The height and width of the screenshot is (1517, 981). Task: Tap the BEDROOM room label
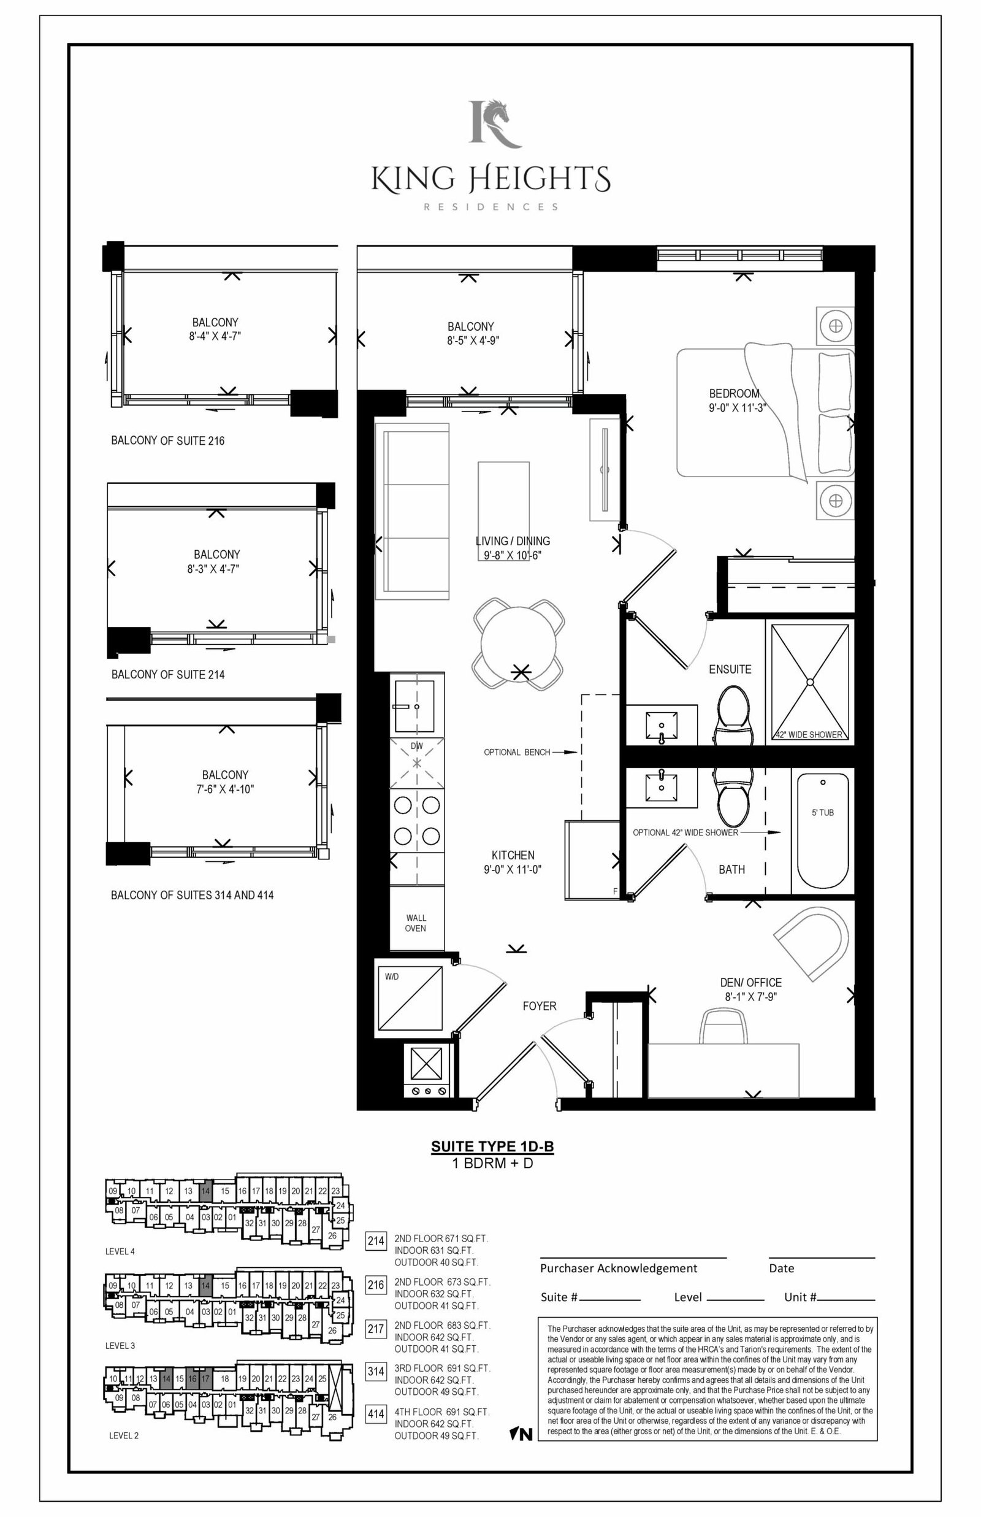tap(734, 394)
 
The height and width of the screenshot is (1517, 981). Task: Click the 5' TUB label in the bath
tap(822, 812)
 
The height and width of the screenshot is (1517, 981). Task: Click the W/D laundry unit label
tap(391, 977)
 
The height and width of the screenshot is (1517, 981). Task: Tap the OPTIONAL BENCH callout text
tap(517, 753)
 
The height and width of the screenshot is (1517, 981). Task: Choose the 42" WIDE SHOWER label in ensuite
tap(809, 735)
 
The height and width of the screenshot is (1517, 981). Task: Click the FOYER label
tap(540, 1006)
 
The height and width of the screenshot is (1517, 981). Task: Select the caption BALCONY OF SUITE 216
tap(167, 440)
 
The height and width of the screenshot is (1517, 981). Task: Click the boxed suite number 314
tap(376, 1371)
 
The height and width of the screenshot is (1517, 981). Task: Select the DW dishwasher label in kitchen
tap(416, 746)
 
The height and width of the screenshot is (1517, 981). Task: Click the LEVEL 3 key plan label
tap(120, 1346)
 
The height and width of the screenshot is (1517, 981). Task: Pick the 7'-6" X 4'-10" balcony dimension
tap(225, 789)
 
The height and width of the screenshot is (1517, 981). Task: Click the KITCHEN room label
tap(513, 855)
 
